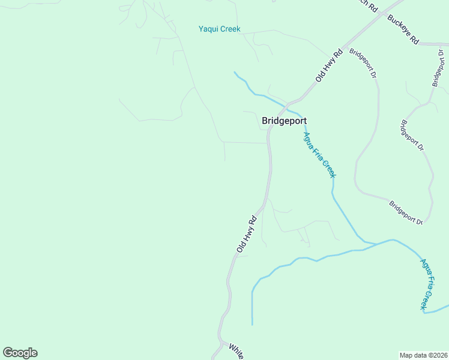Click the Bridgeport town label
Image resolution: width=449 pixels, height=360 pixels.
click(285, 120)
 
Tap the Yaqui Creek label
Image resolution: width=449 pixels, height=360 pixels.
click(220, 29)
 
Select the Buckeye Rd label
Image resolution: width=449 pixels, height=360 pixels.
click(403, 30)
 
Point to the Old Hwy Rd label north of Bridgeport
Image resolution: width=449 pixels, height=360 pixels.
click(329, 65)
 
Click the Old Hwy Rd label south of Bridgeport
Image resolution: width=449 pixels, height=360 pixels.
click(247, 233)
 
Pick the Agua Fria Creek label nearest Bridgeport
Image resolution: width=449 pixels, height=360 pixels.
click(319, 155)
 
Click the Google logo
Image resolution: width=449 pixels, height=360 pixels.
click(20, 353)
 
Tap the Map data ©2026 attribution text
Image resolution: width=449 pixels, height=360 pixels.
click(423, 355)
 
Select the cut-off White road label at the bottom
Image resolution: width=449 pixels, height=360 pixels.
click(235, 352)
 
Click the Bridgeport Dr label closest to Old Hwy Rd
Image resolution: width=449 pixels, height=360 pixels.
click(363, 64)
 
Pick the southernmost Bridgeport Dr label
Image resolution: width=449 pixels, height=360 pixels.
click(406, 213)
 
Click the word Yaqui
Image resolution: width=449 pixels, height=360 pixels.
click(209, 29)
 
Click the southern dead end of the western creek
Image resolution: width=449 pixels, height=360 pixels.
click(252, 325)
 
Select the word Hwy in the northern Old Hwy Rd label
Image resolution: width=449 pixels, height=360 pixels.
click(329, 65)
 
